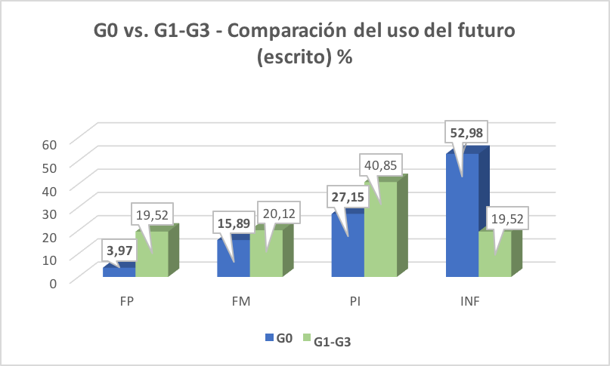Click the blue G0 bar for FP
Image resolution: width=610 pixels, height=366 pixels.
click(x=118, y=272)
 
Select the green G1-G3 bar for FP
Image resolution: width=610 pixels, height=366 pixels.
click(x=151, y=254)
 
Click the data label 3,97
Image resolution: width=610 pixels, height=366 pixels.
click(x=120, y=250)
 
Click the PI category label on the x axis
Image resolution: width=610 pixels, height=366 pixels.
click(x=355, y=301)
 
